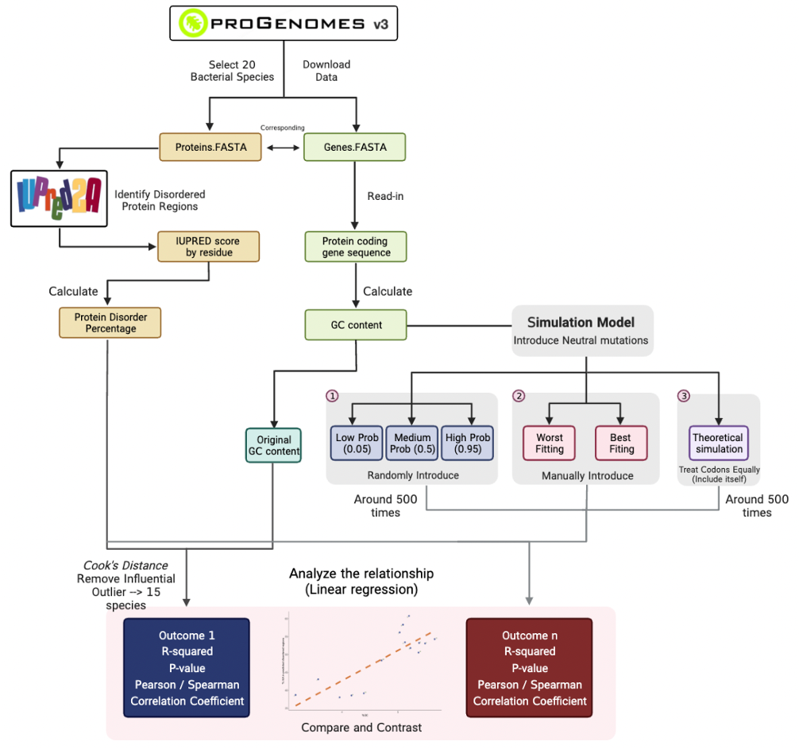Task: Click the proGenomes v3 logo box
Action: coord(283,23)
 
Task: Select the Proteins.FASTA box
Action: coord(209,148)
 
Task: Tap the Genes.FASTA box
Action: coord(354,148)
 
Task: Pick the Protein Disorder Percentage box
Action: coord(110,323)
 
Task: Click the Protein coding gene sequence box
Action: coord(356,247)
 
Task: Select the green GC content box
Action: coord(355,325)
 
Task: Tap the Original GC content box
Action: coord(274,445)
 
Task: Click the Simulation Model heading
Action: coord(582,322)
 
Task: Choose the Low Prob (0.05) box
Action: coord(357,444)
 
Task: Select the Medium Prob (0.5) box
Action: coord(412,444)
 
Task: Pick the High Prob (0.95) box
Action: coord(468,444)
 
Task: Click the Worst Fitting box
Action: coord(549,444)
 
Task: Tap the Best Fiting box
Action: coord(621,444)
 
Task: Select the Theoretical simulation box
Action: coord(718,443)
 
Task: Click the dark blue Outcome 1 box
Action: coord(187,668)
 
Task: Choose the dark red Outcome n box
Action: coord(530,668)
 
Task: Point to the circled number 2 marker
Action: coord(519,395)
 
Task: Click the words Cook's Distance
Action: coord(126,565)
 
